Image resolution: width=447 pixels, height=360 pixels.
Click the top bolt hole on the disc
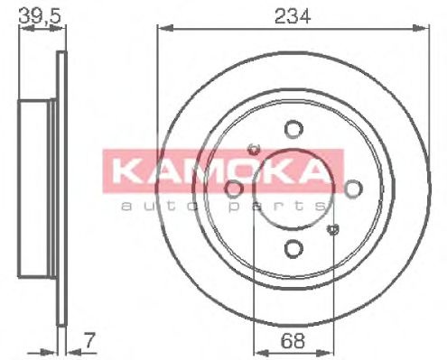[292, 129]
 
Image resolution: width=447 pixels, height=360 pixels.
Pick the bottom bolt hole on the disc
[292, 247]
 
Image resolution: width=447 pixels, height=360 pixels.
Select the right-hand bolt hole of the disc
[351, 188]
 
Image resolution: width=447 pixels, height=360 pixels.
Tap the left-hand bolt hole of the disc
[233, 188]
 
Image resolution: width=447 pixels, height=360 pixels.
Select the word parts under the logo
[262, 207]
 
